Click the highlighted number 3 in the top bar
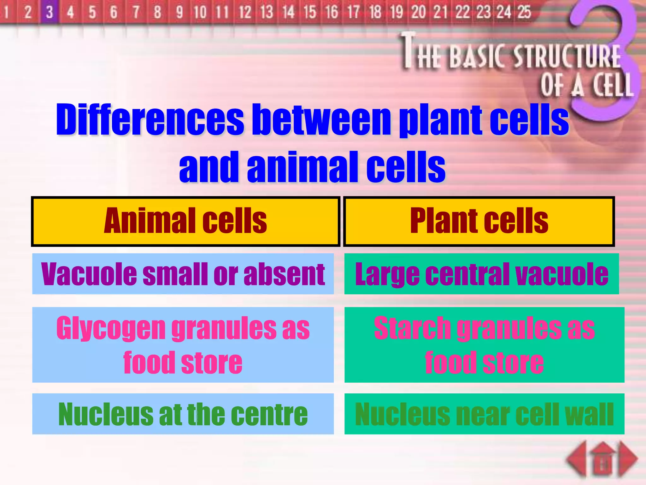coord(49,12)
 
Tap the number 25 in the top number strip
coord(524,12)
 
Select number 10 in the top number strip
coord(200,12)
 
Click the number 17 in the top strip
coord(353,12)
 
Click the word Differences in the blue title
coord(150,120)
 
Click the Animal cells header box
coord(185,221)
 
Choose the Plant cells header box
coord(479,221)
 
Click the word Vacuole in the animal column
coord(89,274)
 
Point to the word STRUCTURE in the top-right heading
coord(567,57)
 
